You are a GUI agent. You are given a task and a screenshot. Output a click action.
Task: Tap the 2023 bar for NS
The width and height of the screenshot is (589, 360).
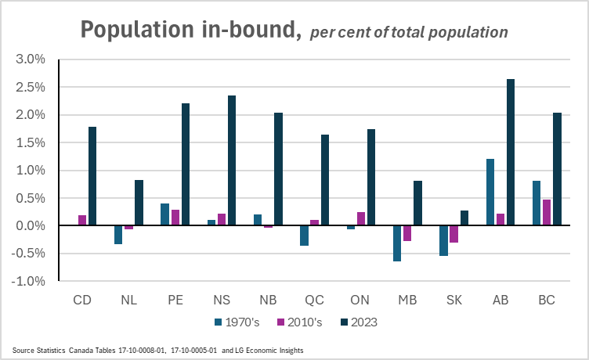click(232, 160)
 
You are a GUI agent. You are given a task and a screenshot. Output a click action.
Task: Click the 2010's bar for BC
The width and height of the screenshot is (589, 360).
click(547, 212)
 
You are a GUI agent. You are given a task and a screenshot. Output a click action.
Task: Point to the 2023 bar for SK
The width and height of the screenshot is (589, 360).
click(464, 218)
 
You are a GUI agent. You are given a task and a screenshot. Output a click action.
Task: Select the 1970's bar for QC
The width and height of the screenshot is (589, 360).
click(305, 236)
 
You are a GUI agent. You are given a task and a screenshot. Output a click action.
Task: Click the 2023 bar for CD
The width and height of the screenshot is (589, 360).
click(92, 176)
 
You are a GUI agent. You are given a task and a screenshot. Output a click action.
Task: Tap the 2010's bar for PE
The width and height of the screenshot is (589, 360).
click(176, 218)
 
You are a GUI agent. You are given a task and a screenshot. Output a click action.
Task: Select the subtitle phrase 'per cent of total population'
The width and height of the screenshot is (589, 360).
click(409, 33)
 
